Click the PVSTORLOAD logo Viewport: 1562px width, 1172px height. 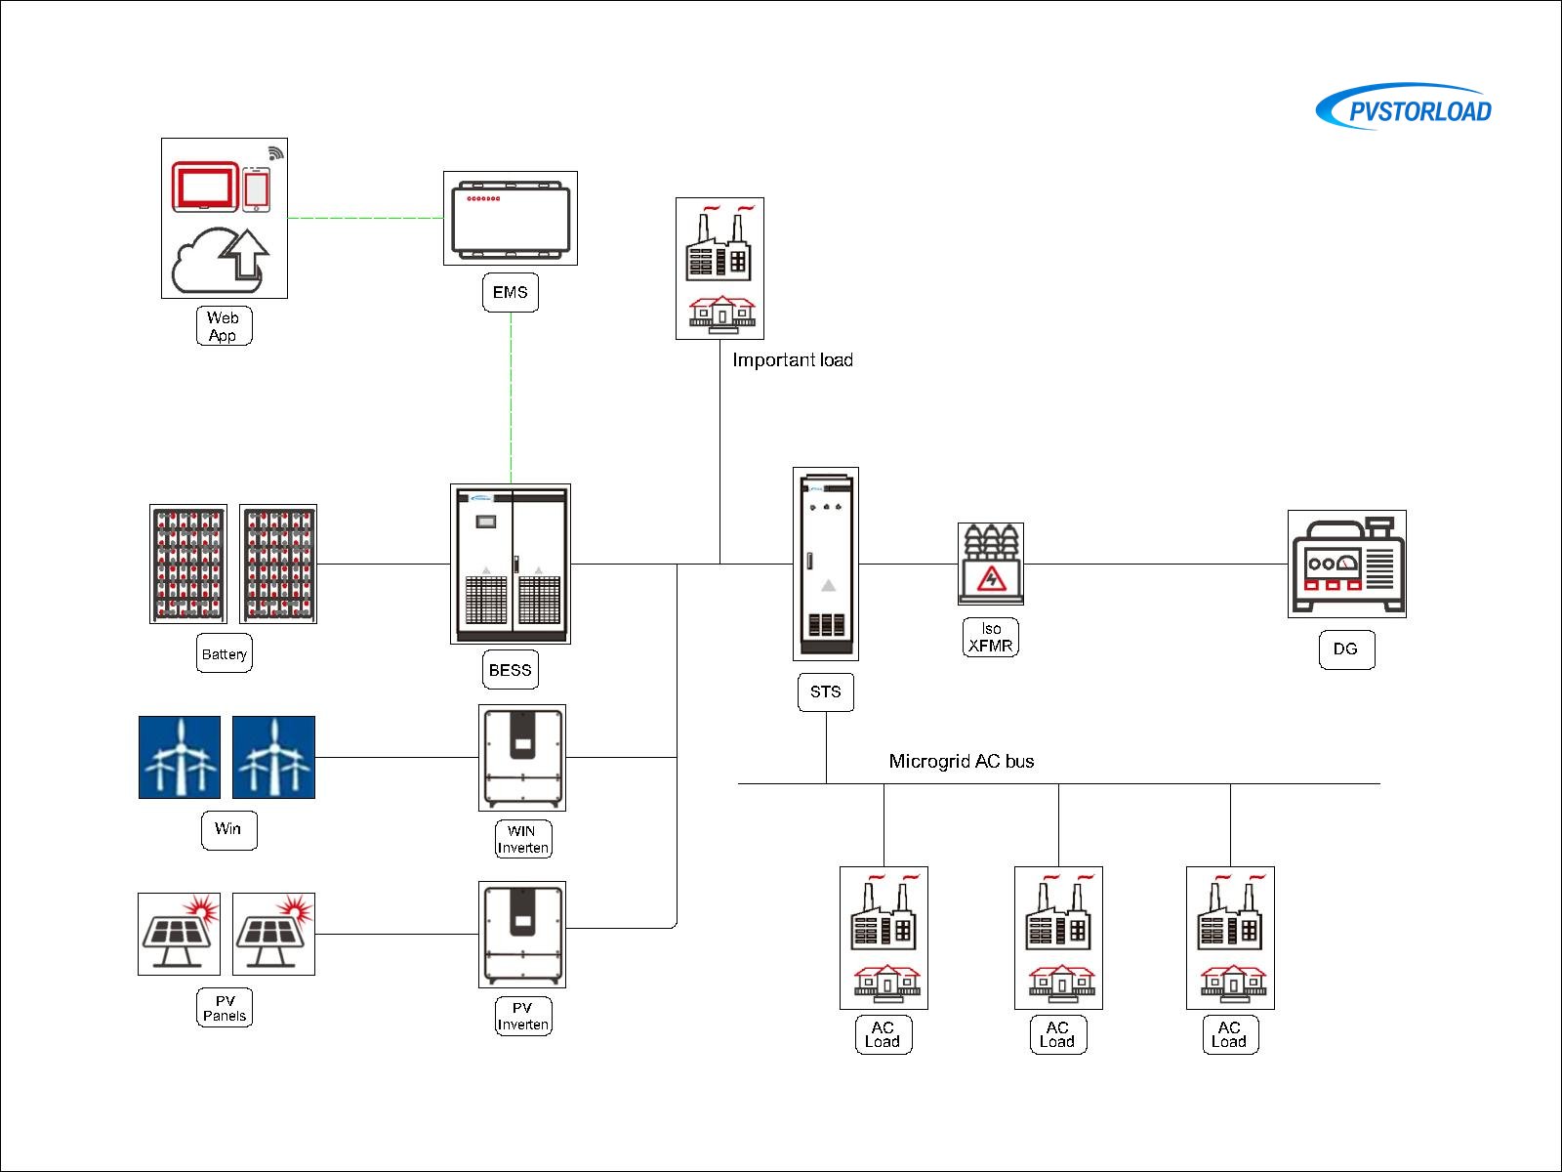1406,107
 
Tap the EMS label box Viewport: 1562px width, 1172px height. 511,292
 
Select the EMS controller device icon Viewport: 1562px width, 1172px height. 511,218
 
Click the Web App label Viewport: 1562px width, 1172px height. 224,326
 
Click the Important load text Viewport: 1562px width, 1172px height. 793,360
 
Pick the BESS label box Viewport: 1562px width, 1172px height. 511,670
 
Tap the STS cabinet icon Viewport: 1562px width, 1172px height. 826,564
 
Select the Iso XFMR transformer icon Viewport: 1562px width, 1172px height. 991,564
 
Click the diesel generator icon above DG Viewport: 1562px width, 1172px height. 1347,564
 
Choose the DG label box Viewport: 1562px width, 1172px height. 1346,649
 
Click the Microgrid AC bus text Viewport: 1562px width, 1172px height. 962,762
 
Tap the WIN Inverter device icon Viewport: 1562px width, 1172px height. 522,758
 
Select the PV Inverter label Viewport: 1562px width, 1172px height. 523,1016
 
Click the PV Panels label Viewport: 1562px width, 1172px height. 225,1008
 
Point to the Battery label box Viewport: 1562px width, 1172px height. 225,654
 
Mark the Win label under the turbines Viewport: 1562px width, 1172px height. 228,829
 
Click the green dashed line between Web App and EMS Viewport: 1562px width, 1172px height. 366,218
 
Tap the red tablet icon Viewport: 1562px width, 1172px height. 205,186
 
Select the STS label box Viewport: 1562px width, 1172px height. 826,691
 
